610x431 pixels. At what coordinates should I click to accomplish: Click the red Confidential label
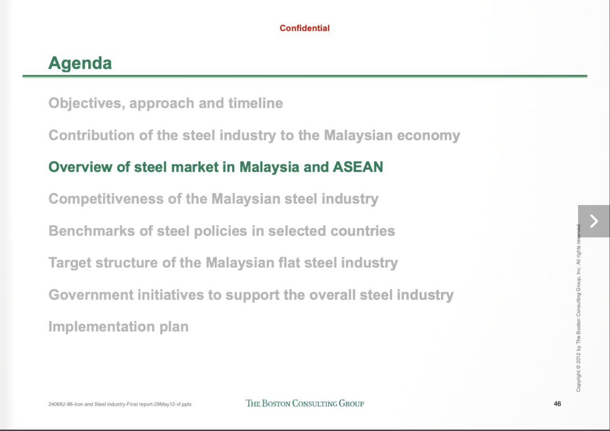coord(305,28)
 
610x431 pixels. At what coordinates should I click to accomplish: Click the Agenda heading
coord(80,63)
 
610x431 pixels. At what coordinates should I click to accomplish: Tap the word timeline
coord(255,103)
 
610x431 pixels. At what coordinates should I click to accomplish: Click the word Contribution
coord(91,135)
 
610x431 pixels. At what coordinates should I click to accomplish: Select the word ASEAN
coord(358,167)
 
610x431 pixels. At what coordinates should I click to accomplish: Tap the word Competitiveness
coord(106,199)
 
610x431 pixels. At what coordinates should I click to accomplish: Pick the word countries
coord(363,231)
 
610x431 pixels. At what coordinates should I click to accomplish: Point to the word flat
coord(289,262)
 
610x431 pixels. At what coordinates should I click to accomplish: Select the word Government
coord(91,295)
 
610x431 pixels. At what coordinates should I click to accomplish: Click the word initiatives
coord(171,295)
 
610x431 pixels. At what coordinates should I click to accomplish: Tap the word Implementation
coord(102,327)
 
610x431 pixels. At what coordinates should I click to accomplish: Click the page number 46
coord(557,404)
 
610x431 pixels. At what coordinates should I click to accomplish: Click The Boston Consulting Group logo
coord(305,403)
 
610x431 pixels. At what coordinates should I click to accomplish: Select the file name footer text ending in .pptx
coord(120,404)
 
